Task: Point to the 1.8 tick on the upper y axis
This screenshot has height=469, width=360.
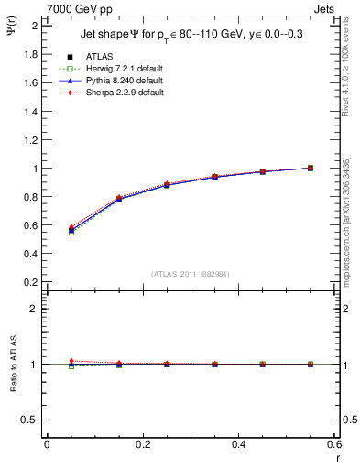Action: (x=32, y=54)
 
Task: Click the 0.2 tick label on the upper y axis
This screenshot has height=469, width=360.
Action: (x=32, y=282)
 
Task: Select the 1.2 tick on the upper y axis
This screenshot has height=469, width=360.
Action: (x=32, y=140)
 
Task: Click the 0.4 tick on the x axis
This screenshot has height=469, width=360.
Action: (x=238, y=444)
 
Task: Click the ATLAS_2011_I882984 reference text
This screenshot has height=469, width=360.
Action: (x=190, y=274)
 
